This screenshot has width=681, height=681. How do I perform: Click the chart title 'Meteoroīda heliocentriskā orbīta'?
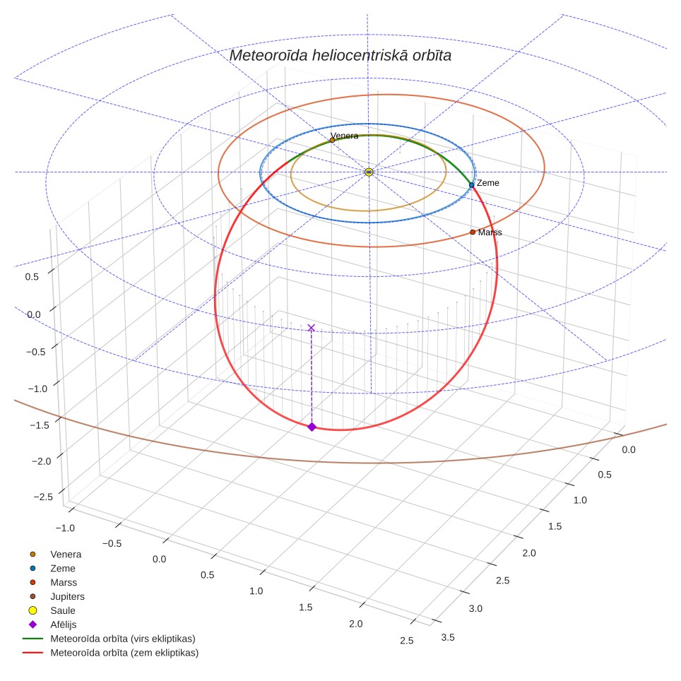pos(340,55)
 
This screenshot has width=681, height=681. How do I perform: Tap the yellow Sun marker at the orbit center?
pos(369,172)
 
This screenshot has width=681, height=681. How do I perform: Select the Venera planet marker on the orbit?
pos(332,140)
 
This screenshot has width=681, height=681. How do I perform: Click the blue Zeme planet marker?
pos(472,185)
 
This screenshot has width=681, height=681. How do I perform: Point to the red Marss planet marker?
pos(473,232)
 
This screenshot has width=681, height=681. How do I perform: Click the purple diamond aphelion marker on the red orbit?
pos(312,427)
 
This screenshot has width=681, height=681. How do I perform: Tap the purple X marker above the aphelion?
pos(312,328)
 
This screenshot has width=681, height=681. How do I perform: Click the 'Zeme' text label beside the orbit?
pos(487,183)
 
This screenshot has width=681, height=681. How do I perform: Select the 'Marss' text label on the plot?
pos(490,232)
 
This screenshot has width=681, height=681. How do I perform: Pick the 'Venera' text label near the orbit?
pos(345,136)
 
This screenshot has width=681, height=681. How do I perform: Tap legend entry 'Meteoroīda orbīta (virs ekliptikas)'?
pos(109,639)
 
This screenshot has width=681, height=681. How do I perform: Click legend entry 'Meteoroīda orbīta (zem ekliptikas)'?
pos(111,652)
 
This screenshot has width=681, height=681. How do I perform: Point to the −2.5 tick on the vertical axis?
pos(43,497)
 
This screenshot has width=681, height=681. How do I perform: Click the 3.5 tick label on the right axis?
pos(448,637)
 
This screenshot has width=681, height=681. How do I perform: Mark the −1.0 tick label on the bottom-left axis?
pos(65,528)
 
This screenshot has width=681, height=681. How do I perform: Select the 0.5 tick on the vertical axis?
pos(32,277)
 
